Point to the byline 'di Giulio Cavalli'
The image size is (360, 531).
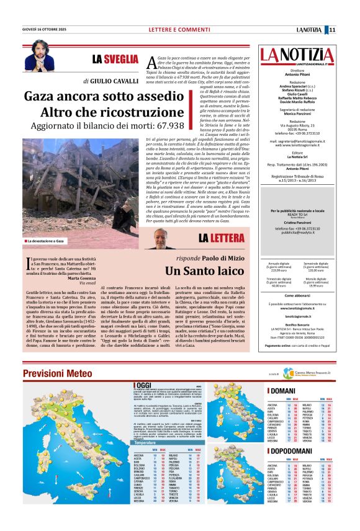coord(111,81)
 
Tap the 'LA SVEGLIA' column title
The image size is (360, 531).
coord(115,60)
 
